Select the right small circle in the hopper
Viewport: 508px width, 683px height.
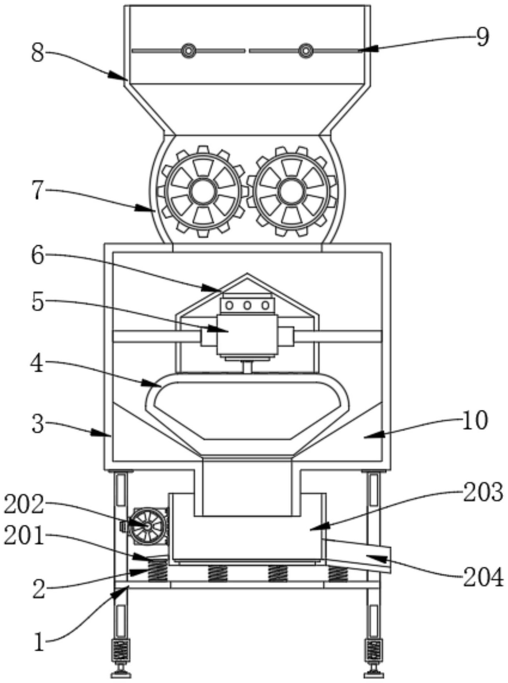coord(305,50)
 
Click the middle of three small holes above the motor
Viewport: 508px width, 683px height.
coord(248,305)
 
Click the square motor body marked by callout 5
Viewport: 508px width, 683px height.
coord(248,336)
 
